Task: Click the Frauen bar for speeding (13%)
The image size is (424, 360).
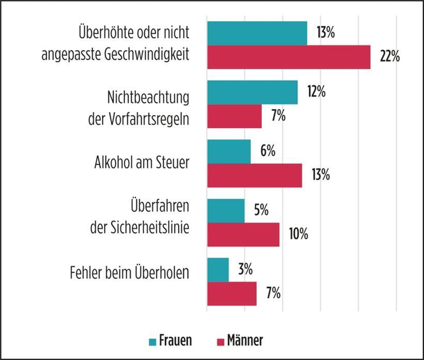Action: tap(257, 33)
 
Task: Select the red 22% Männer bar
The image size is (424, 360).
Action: tap(289, 57)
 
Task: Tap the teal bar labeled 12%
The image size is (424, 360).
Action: tap(252, 93)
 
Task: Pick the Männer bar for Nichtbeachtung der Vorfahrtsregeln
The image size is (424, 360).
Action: tap(234, 116)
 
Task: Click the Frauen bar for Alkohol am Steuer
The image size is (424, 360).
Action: tap(229, 152)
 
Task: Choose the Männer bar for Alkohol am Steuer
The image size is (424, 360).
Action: tap(254, 175)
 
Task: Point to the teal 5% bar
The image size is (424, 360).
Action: tap(225, 211)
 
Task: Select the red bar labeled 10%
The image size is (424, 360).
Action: tap(243, 234)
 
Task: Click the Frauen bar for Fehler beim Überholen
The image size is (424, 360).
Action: tap(218, 269)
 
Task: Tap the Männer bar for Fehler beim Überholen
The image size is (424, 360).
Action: tap(232, 293)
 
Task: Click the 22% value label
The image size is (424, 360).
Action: tap(389, 57)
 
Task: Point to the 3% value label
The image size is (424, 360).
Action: tap(246, 269)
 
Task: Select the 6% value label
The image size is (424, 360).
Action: tap(268, 152)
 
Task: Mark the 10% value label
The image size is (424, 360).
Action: tap(298, 234)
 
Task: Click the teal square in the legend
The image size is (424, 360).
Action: tap(153, 341)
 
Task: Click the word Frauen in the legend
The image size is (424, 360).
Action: tap(175, 341)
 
